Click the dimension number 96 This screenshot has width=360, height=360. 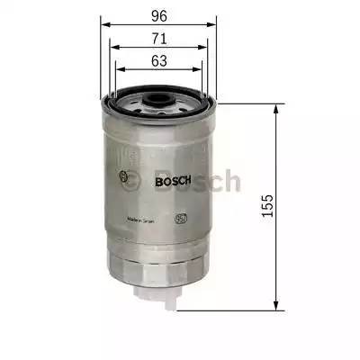click(x=158, y=14)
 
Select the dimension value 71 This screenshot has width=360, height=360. click(x=158, y=39)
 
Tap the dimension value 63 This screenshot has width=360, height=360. click(x=158, y=62)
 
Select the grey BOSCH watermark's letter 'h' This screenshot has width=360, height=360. click(x=230, y=181)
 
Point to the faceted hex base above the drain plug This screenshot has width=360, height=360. click(x=159, y=268)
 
